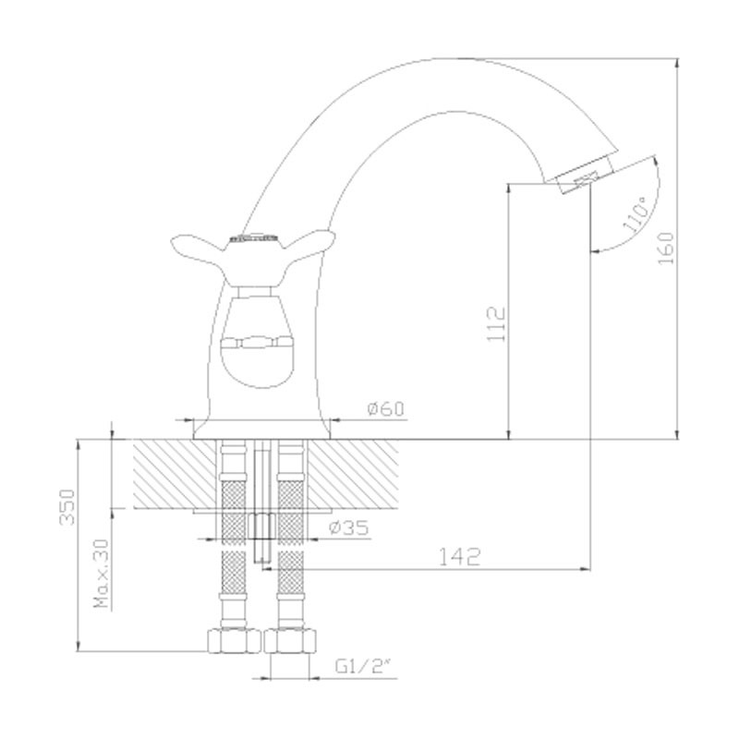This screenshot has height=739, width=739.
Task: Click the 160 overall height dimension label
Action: point(666,248)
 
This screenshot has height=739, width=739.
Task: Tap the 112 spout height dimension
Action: point(496,324)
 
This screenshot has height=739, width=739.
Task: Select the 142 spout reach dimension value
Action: point(459,557)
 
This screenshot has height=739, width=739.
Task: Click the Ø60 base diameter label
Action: point(385,408)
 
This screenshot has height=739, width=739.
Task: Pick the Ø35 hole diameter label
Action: point(349,527)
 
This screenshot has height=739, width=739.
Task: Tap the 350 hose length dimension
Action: point(67,507)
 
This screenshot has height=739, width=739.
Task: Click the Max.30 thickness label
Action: point(102,573)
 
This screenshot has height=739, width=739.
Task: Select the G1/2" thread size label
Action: point(363,666)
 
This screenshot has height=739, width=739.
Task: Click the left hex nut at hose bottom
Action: point(235,641)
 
